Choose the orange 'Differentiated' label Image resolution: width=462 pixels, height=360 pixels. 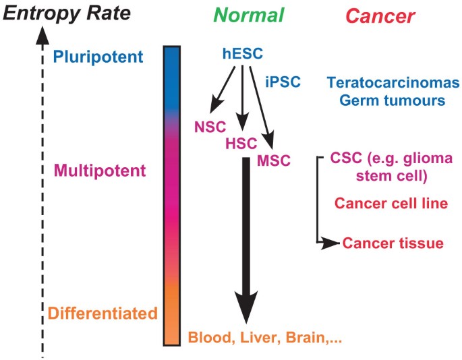pos(103,313)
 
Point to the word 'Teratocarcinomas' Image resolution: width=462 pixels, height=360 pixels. pos(392,83)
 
